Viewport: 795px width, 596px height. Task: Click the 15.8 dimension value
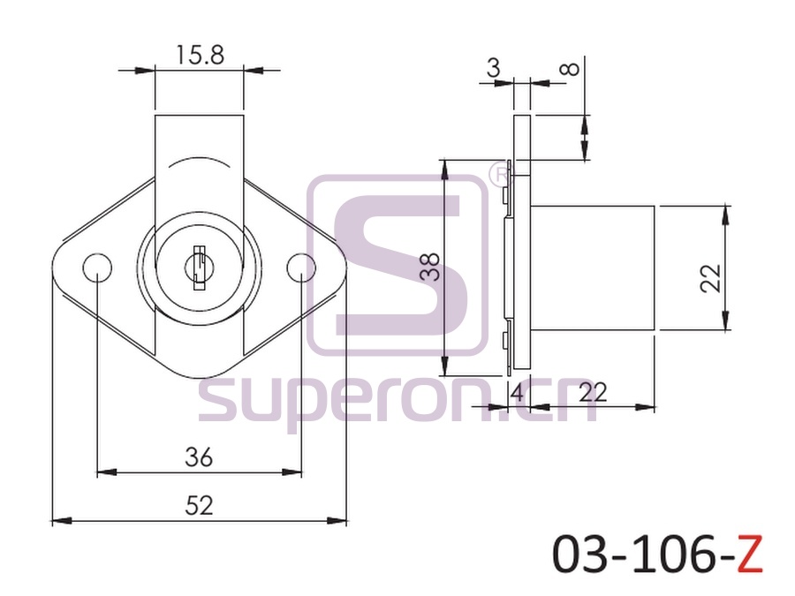pos(200,55)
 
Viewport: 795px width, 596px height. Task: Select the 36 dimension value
pos(199,457)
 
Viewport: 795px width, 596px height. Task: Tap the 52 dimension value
pos(199,505)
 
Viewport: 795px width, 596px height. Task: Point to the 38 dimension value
pos(430,267)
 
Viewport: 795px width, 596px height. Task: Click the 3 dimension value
pos(493,67)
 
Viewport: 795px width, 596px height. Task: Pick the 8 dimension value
pos(572,69)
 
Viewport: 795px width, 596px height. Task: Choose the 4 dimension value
pos(517,392)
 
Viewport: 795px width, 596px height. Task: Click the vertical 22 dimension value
pos(710,278)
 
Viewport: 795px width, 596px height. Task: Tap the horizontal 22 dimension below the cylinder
pos(593,392)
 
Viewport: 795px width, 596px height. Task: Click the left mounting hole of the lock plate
pos(97,267)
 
